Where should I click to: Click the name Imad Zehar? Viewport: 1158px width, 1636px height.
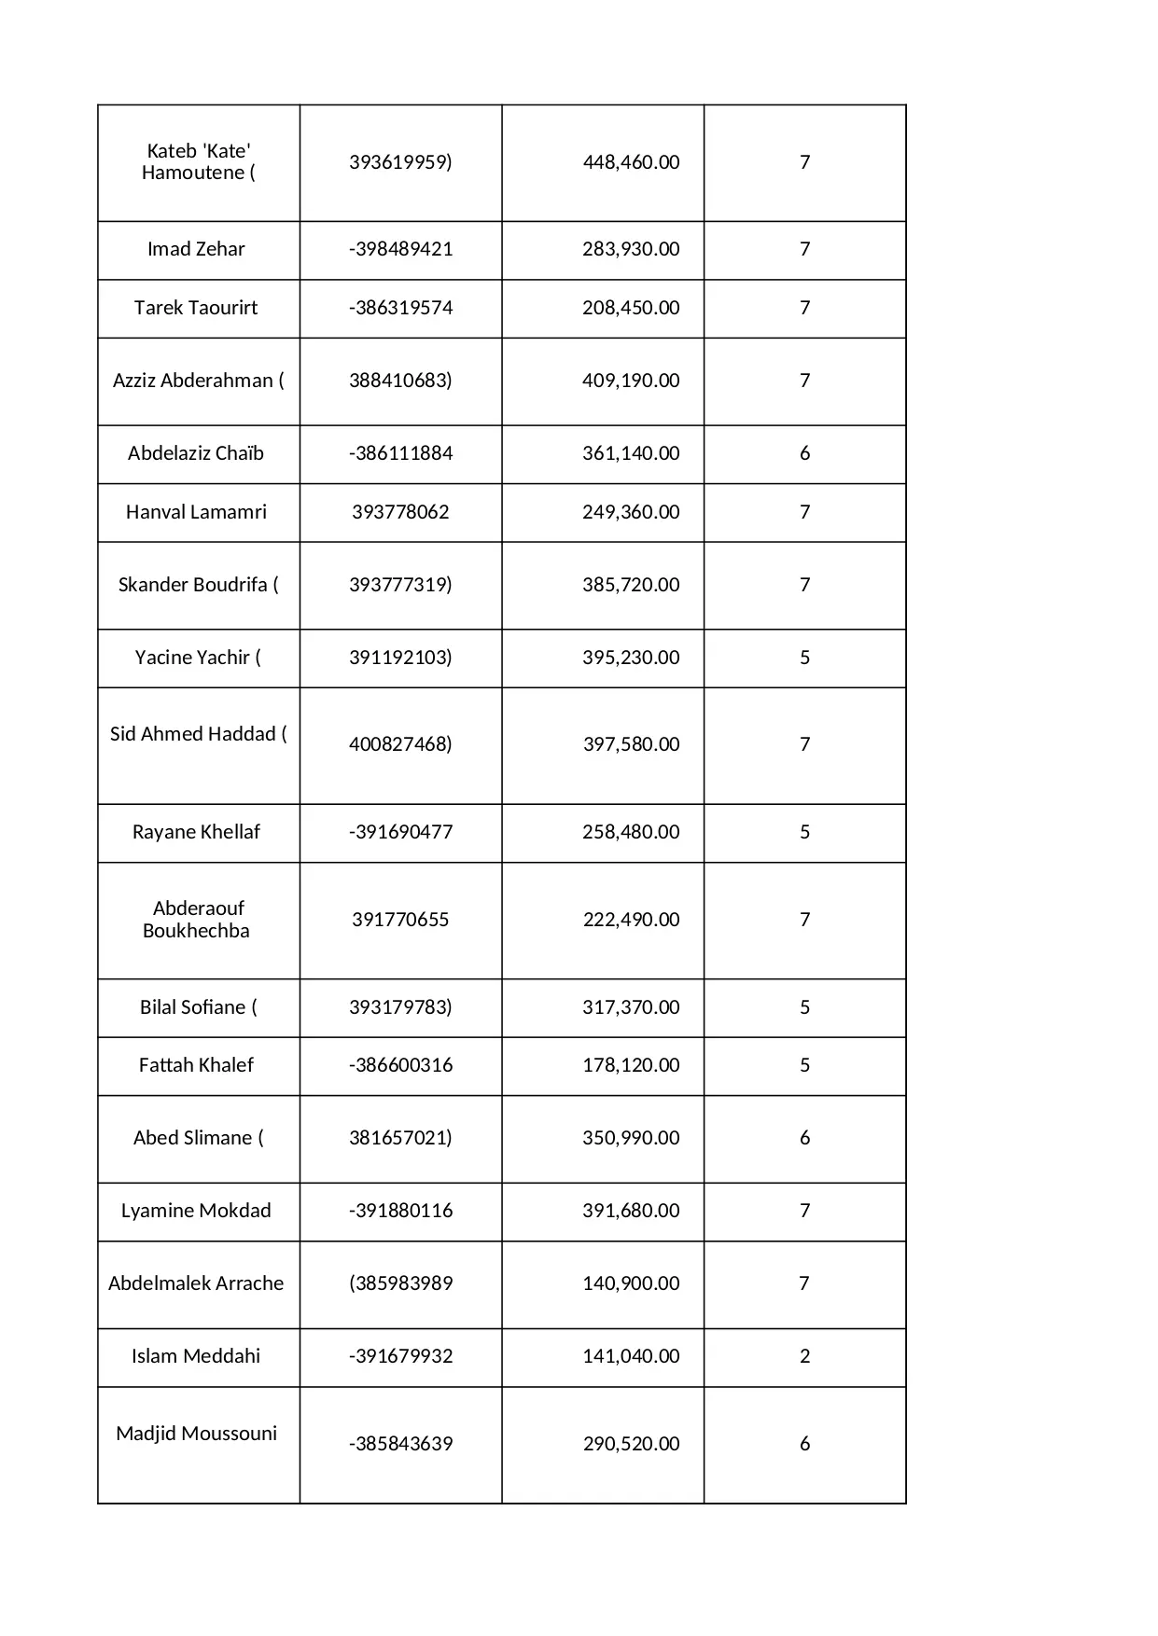pyautogui.click(x=196, y=249)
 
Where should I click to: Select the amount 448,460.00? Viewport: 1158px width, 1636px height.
pyautogui.click(x=631, y=162)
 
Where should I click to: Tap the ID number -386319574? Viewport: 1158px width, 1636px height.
pyautogui.click(x=400, y=308)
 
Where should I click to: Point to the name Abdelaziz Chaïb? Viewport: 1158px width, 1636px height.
pyautogui.click(x=196, y=453)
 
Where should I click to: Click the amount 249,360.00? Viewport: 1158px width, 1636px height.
pyautogui.click(x=631, y=512)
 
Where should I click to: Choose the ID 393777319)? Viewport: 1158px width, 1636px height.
pyautogui.click(x=400, y=585)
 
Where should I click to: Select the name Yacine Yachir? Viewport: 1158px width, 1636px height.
pyautogui.click(x=192, y=658)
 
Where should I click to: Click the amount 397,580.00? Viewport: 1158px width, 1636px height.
pyautogui.click(x=631, y=744)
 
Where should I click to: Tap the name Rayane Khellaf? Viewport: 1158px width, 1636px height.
pyautogui.click(x=196, y=832)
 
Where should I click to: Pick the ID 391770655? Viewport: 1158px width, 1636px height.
pyautogui.click(x=400, y=920)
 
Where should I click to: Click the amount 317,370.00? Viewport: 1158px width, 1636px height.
pyautogui.click(x=631, y=1007)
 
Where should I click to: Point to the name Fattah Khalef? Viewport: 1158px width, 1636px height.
pyautogui.click(x=196, y=1065)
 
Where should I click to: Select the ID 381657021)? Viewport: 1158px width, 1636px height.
pyautogui.click(x=400, y=1138)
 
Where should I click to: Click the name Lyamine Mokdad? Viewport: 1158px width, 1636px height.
pyautogui.click(x=196, y=1211)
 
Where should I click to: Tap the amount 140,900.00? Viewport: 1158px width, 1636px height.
pyautogui.click(x=631, y=1283)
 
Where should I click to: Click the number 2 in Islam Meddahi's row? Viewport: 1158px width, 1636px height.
pyautogui.click(x=804, y=1356)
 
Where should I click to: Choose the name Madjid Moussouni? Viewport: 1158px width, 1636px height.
pyautogui.click(x=196, y=1434)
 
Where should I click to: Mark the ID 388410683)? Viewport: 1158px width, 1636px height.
pyautogui.click(x=400, y=381)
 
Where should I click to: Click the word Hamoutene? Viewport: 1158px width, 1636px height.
pyautogui.click(x=192, y=173)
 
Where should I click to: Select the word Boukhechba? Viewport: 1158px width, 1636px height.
pyautogui.click(x=196, y=931)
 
